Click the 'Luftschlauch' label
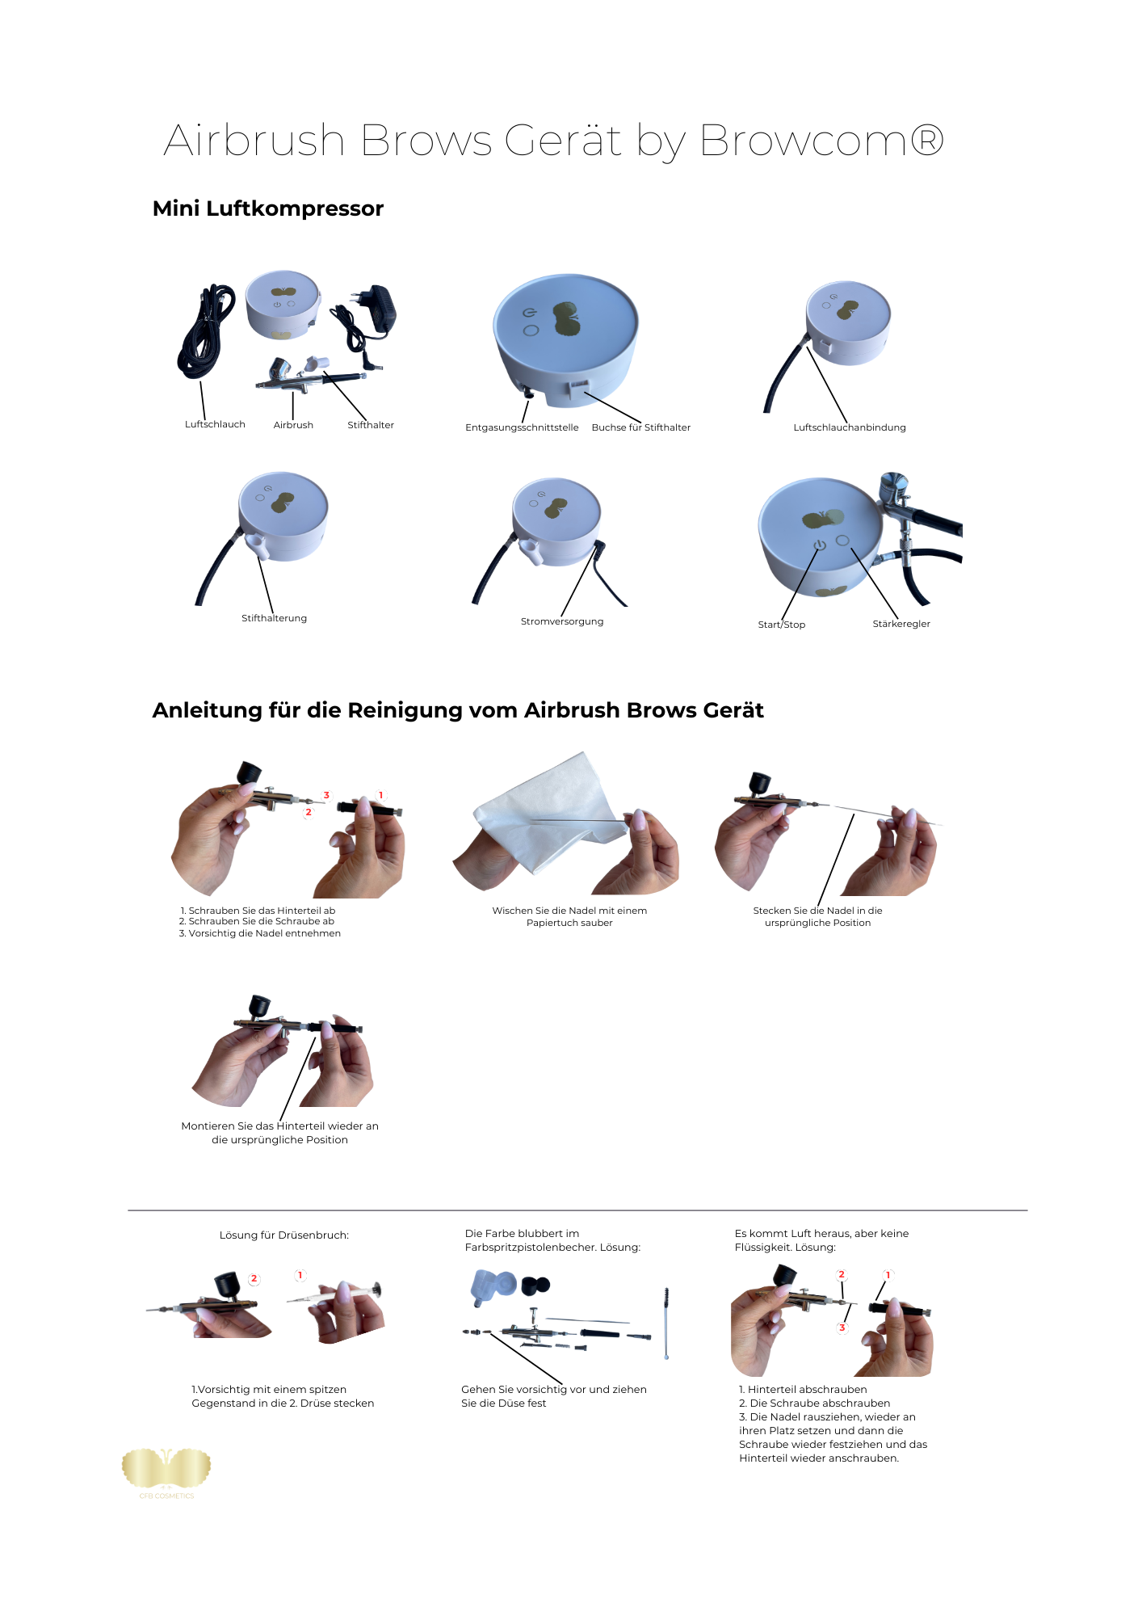coord(215,424)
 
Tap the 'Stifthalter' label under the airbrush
coord(371,425)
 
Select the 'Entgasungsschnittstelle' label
coord(522,427)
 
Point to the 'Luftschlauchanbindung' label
coord(850,427)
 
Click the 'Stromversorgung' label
coord(562,621)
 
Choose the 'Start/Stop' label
coord(782,625)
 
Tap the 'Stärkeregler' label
coord(901,624)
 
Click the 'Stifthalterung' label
coord(274,618)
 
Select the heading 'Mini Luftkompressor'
coord(268,208)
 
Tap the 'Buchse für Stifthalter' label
coord(641,427)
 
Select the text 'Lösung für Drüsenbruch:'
coord(284,1235)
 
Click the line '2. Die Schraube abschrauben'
coord(814,1403)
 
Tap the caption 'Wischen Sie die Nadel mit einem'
coord(569,911)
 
